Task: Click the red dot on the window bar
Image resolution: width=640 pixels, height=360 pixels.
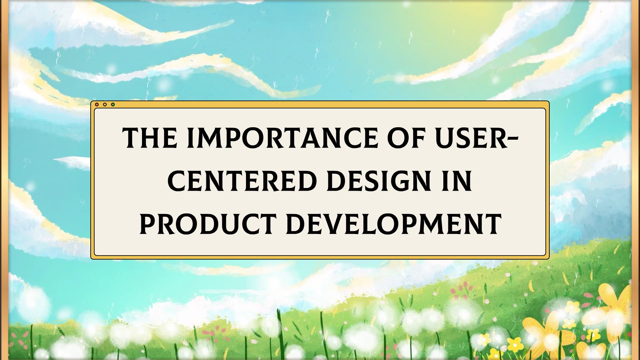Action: pos(97,104)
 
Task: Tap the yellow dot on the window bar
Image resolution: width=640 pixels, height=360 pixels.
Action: pos(105,104)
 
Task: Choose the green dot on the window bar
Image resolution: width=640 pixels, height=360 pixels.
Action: pos(113,104)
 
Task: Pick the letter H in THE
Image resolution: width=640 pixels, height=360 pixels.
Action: pos(152,138)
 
